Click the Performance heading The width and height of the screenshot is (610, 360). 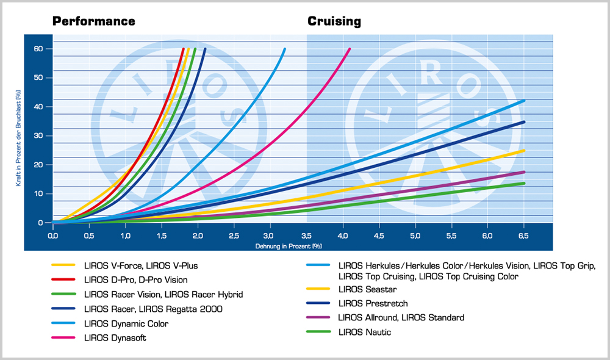pyautogui.click(x=93, y=21)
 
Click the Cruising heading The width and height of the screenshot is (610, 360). pyautogui.click(x=334, y=21)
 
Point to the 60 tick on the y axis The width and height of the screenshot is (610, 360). pyautogui.click(x=39, y=49)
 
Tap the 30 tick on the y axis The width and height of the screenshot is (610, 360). pyautogui.click(x=39, y=136)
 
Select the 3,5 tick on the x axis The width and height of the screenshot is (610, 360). pyautogui.click(x=306, y=235)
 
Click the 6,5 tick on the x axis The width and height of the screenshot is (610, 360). pyautogui.click(x=523, y=235)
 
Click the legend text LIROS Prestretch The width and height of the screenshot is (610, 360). pyautogui.click(x=373, y=303)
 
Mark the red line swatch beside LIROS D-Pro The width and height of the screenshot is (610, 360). pyautogui.click(x=63, y=280)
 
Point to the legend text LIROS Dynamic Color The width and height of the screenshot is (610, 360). pyautogui.click(x=126, y=324)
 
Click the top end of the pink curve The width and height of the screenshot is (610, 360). pyautogui.click(x=350, y=49)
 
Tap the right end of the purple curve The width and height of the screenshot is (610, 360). pyautogui.click(x=524, y=172)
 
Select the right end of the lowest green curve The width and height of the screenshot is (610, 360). pyautogui.click(x=524, y=183)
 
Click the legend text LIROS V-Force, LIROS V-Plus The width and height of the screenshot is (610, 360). pyautogui.click(x=141, y=265)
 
